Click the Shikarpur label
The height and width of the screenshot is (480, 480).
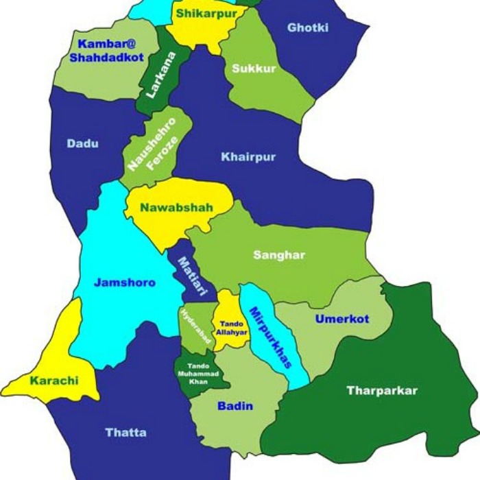click(206, 13)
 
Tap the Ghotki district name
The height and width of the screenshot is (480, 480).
click(308, 28)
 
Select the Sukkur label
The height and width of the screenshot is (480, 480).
click(254, 69)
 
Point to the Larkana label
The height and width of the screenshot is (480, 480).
click(158, 75)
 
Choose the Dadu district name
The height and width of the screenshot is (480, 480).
click(82, 143)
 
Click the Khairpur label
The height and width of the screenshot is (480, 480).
click(248, 157)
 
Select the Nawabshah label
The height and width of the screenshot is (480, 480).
click(177, 207)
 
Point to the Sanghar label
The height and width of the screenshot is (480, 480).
click(279, 255)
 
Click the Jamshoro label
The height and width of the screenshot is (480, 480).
click(125, 283)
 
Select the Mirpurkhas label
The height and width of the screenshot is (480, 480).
click(270, 337)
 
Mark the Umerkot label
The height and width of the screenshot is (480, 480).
click(342, 319)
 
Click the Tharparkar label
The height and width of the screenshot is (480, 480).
click(382, 391)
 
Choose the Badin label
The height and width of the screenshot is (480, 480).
click(235, 406)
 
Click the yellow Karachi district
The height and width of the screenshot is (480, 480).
click(55, 363)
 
